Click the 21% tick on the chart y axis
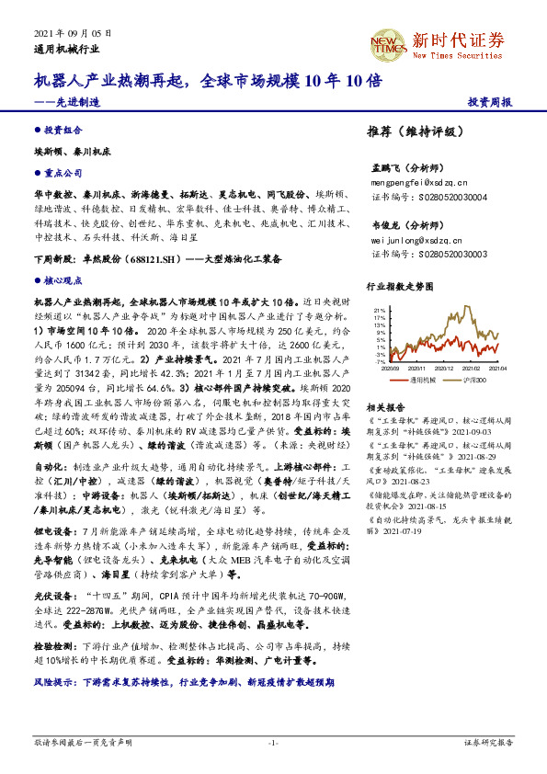380,310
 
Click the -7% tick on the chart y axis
381,361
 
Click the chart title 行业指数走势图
398,286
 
